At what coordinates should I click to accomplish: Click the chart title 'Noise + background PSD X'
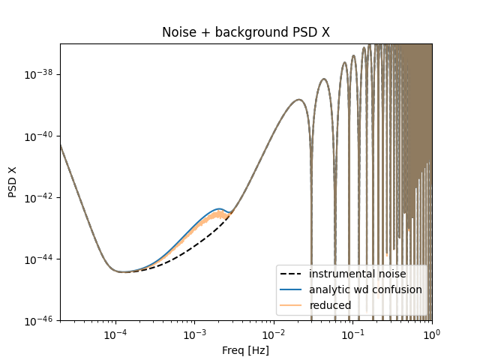click(245, 33)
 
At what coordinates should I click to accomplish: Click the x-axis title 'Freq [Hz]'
click(245, 350)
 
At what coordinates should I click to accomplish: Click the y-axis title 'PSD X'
click(13, 182)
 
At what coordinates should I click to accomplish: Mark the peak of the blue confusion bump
click(220, 208)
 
